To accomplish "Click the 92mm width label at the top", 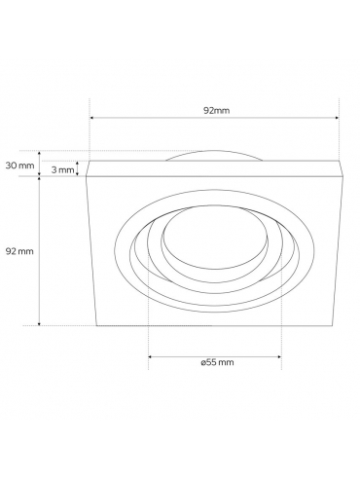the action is pos(216,111).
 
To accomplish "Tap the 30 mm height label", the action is pos(19,166).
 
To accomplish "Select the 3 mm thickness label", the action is pos(62,169).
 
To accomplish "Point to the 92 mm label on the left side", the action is pos(19,251).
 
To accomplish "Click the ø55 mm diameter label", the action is pos(217,362).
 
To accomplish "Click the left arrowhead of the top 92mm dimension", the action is pos(92,118).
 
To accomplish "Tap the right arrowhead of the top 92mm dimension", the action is pos(337,118).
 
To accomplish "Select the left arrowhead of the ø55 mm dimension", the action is pos(151,356).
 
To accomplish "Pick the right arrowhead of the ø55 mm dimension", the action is pos(278,356).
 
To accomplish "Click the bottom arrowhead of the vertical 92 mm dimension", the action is pos(40,323).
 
